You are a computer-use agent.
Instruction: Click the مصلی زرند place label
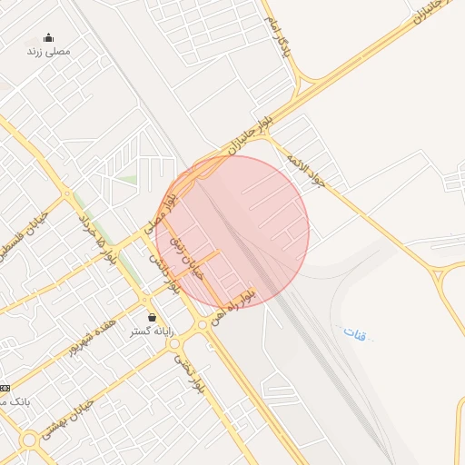click(x=48, y=52)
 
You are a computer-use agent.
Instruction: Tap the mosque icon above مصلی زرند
click(x=48, y=38)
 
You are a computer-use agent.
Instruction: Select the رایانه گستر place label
click(x=151, y=331)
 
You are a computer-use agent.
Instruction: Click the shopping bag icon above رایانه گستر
click(x=151, y=318)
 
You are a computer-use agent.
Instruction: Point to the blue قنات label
click(x=354, y=332)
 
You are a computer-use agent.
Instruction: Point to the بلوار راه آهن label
click(x=232, y=308)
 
